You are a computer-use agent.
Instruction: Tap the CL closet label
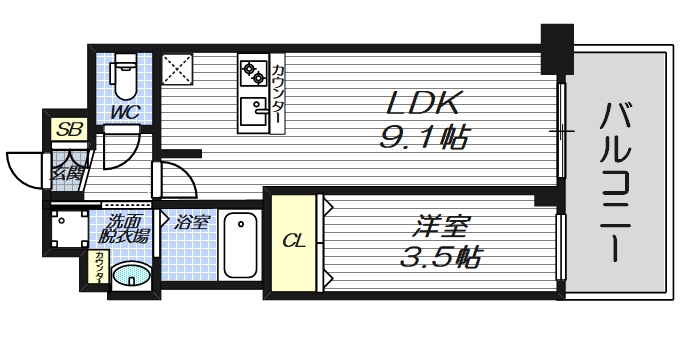coord(293,240)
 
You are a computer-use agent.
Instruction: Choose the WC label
coord(124,109)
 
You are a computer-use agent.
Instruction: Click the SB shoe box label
coord(69,129)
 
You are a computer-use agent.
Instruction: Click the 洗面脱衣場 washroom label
coord(124,229)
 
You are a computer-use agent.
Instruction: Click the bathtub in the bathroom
coord(240,245)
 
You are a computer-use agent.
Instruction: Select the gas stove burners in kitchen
coord(251,72)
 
